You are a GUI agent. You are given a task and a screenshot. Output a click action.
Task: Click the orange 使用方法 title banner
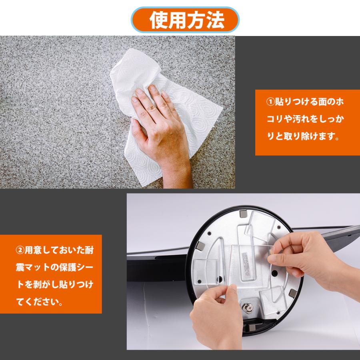pyautogui.click(x=186, y=19)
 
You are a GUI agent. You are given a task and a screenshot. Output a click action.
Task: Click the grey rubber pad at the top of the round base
pyautogui.click(x=243, y=215)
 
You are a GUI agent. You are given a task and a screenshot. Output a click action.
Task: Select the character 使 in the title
pyautogui.click(x=158, y=20)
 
